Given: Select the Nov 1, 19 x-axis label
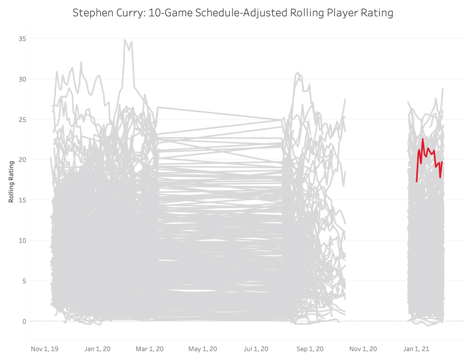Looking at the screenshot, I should coord(44,349).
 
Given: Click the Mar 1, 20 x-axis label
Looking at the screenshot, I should coord(150,349).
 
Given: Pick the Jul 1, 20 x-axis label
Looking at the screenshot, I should coord(257,349).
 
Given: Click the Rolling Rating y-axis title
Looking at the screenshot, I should coord(11,182).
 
